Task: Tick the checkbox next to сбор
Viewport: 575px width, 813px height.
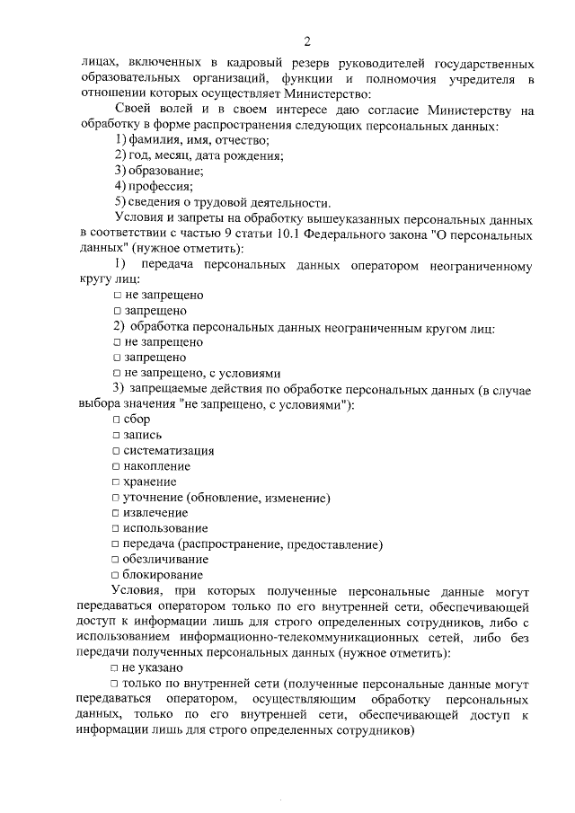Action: tap(116, 420)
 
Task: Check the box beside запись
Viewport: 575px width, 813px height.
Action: tap(116, 435)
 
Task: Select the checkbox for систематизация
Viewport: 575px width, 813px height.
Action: tap(116, 451)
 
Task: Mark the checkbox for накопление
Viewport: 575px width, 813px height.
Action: tap(116, 466)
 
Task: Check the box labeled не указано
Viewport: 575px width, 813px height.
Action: tap(116, 668)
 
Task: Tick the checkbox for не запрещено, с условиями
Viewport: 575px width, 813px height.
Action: tap(118, 373)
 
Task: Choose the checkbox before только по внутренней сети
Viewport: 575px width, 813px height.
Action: tap(116, 684)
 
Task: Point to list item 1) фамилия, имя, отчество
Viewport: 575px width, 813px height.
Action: tap(192, 140)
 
